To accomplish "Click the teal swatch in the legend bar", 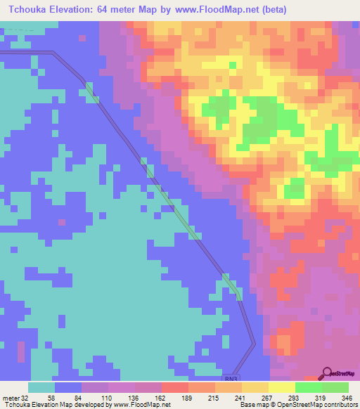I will pyautogui.click(x=41, y=387).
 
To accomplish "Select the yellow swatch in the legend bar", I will pyautogui.click(x=282, y=387).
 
